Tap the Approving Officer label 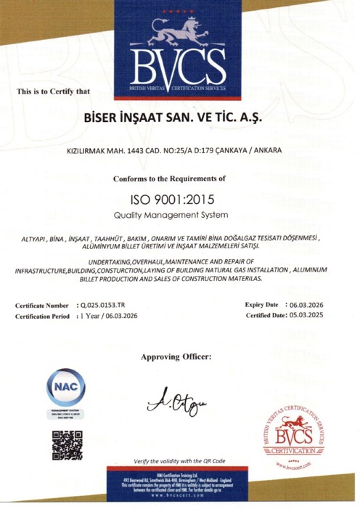176,357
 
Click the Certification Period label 44,317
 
